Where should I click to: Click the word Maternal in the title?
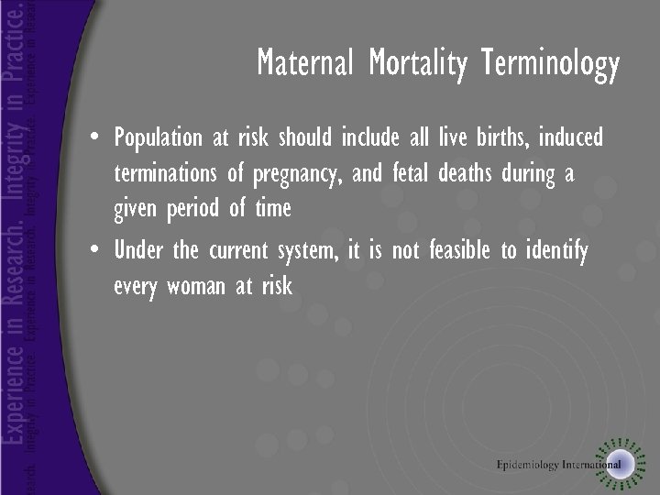pyautogui.click(x=307, y=64)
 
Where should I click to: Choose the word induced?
pyautogui.click(x=571, y=137)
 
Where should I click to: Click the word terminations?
pyautogui.click(x=170, y=174)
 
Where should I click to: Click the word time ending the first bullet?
pyautogui.click(x=273, y=209)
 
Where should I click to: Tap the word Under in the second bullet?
pyautogui.click(x=139, y=250)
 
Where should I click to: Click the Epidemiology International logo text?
pyautogui.click(x=557, y=464)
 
